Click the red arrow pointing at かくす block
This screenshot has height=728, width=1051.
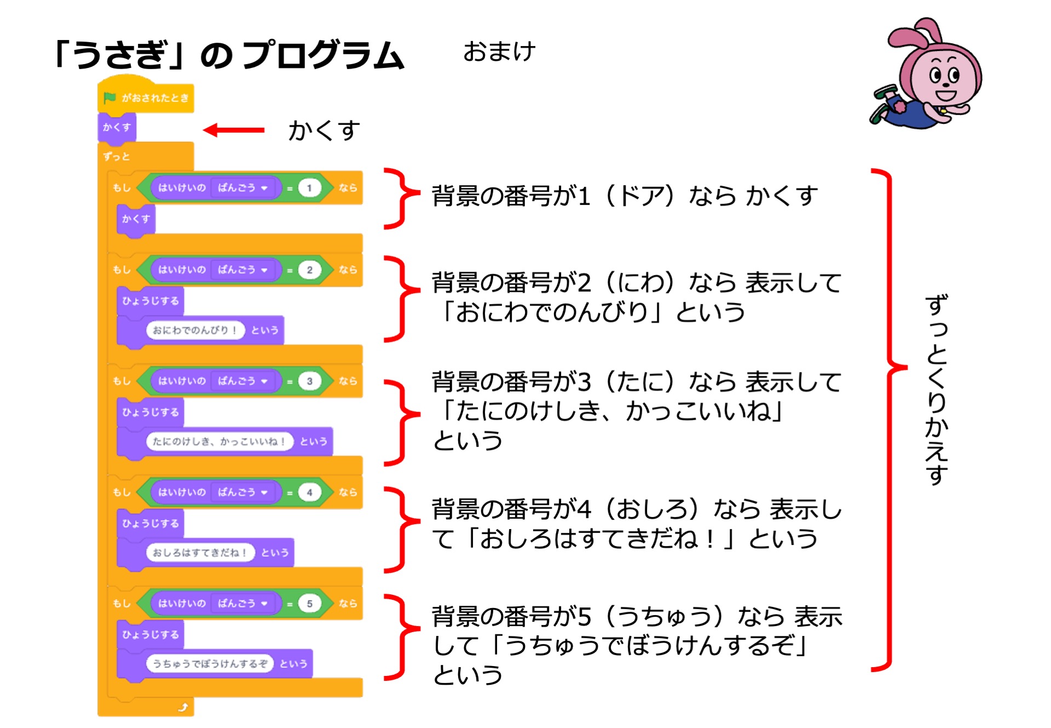234,130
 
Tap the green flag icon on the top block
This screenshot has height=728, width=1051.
109,98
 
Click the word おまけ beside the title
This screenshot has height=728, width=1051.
499,52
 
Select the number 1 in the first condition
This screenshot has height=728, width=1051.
309,188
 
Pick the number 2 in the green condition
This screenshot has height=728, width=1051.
309,270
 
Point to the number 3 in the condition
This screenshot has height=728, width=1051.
309,381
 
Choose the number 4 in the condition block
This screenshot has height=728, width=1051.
309,492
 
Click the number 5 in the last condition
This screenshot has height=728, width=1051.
309,604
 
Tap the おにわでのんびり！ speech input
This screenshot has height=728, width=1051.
194,330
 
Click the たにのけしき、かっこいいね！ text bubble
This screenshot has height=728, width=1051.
219,442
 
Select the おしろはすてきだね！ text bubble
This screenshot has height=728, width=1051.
200,553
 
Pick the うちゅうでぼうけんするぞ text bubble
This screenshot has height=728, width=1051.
209,664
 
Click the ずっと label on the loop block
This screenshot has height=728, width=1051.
117,157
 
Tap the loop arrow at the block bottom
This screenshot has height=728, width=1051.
183,707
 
